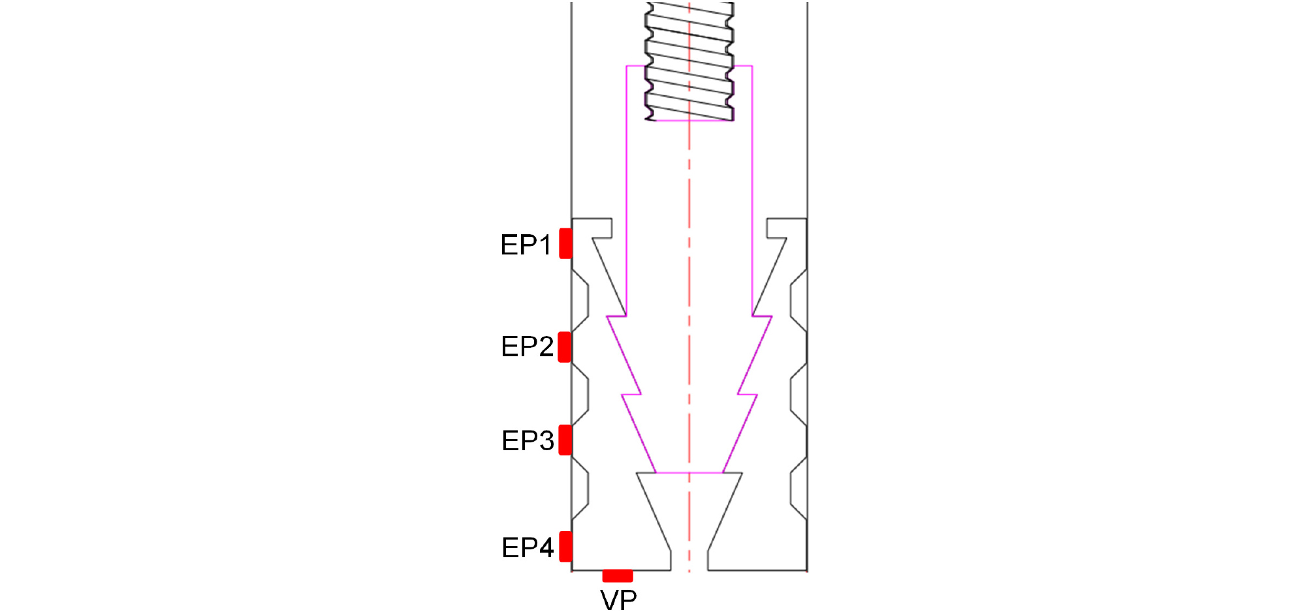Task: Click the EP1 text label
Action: pos(526,245)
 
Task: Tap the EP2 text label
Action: pos(527,346)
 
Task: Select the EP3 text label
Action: pos(528,440)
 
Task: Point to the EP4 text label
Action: pos(528,547)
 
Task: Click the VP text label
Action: pos(618,600)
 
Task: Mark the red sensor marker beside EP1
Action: pos(566,243)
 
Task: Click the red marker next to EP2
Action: pos(565,347)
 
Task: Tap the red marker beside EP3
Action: pos(565,440)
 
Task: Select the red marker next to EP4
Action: pos(566,547)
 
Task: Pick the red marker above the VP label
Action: pos(618,575)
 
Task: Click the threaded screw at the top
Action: pos(689,61)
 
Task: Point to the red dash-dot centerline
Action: pos(689,287)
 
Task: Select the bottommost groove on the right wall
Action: pos(798,489)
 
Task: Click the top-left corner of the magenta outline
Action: pos(627,66)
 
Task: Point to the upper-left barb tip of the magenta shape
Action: pos(607,316)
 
